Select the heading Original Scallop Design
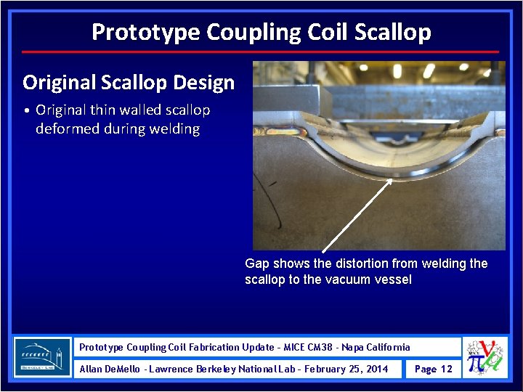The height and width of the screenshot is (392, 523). point(129,82)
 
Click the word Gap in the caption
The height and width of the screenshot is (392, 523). point(257,264)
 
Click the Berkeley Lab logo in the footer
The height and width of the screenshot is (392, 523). point(42,357)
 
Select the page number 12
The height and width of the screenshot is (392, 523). point(446,369)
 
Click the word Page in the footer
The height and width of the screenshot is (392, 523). point(425,369)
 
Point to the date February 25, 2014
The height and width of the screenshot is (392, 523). point(346,369)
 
